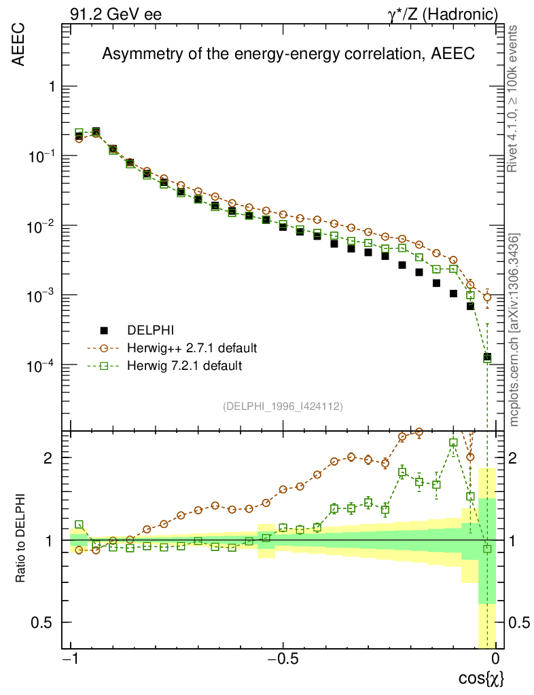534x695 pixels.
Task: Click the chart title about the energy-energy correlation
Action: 288,54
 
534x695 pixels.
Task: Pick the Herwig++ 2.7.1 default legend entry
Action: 192,348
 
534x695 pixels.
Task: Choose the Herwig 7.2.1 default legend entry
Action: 185,366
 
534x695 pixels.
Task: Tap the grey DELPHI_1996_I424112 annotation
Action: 282,407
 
